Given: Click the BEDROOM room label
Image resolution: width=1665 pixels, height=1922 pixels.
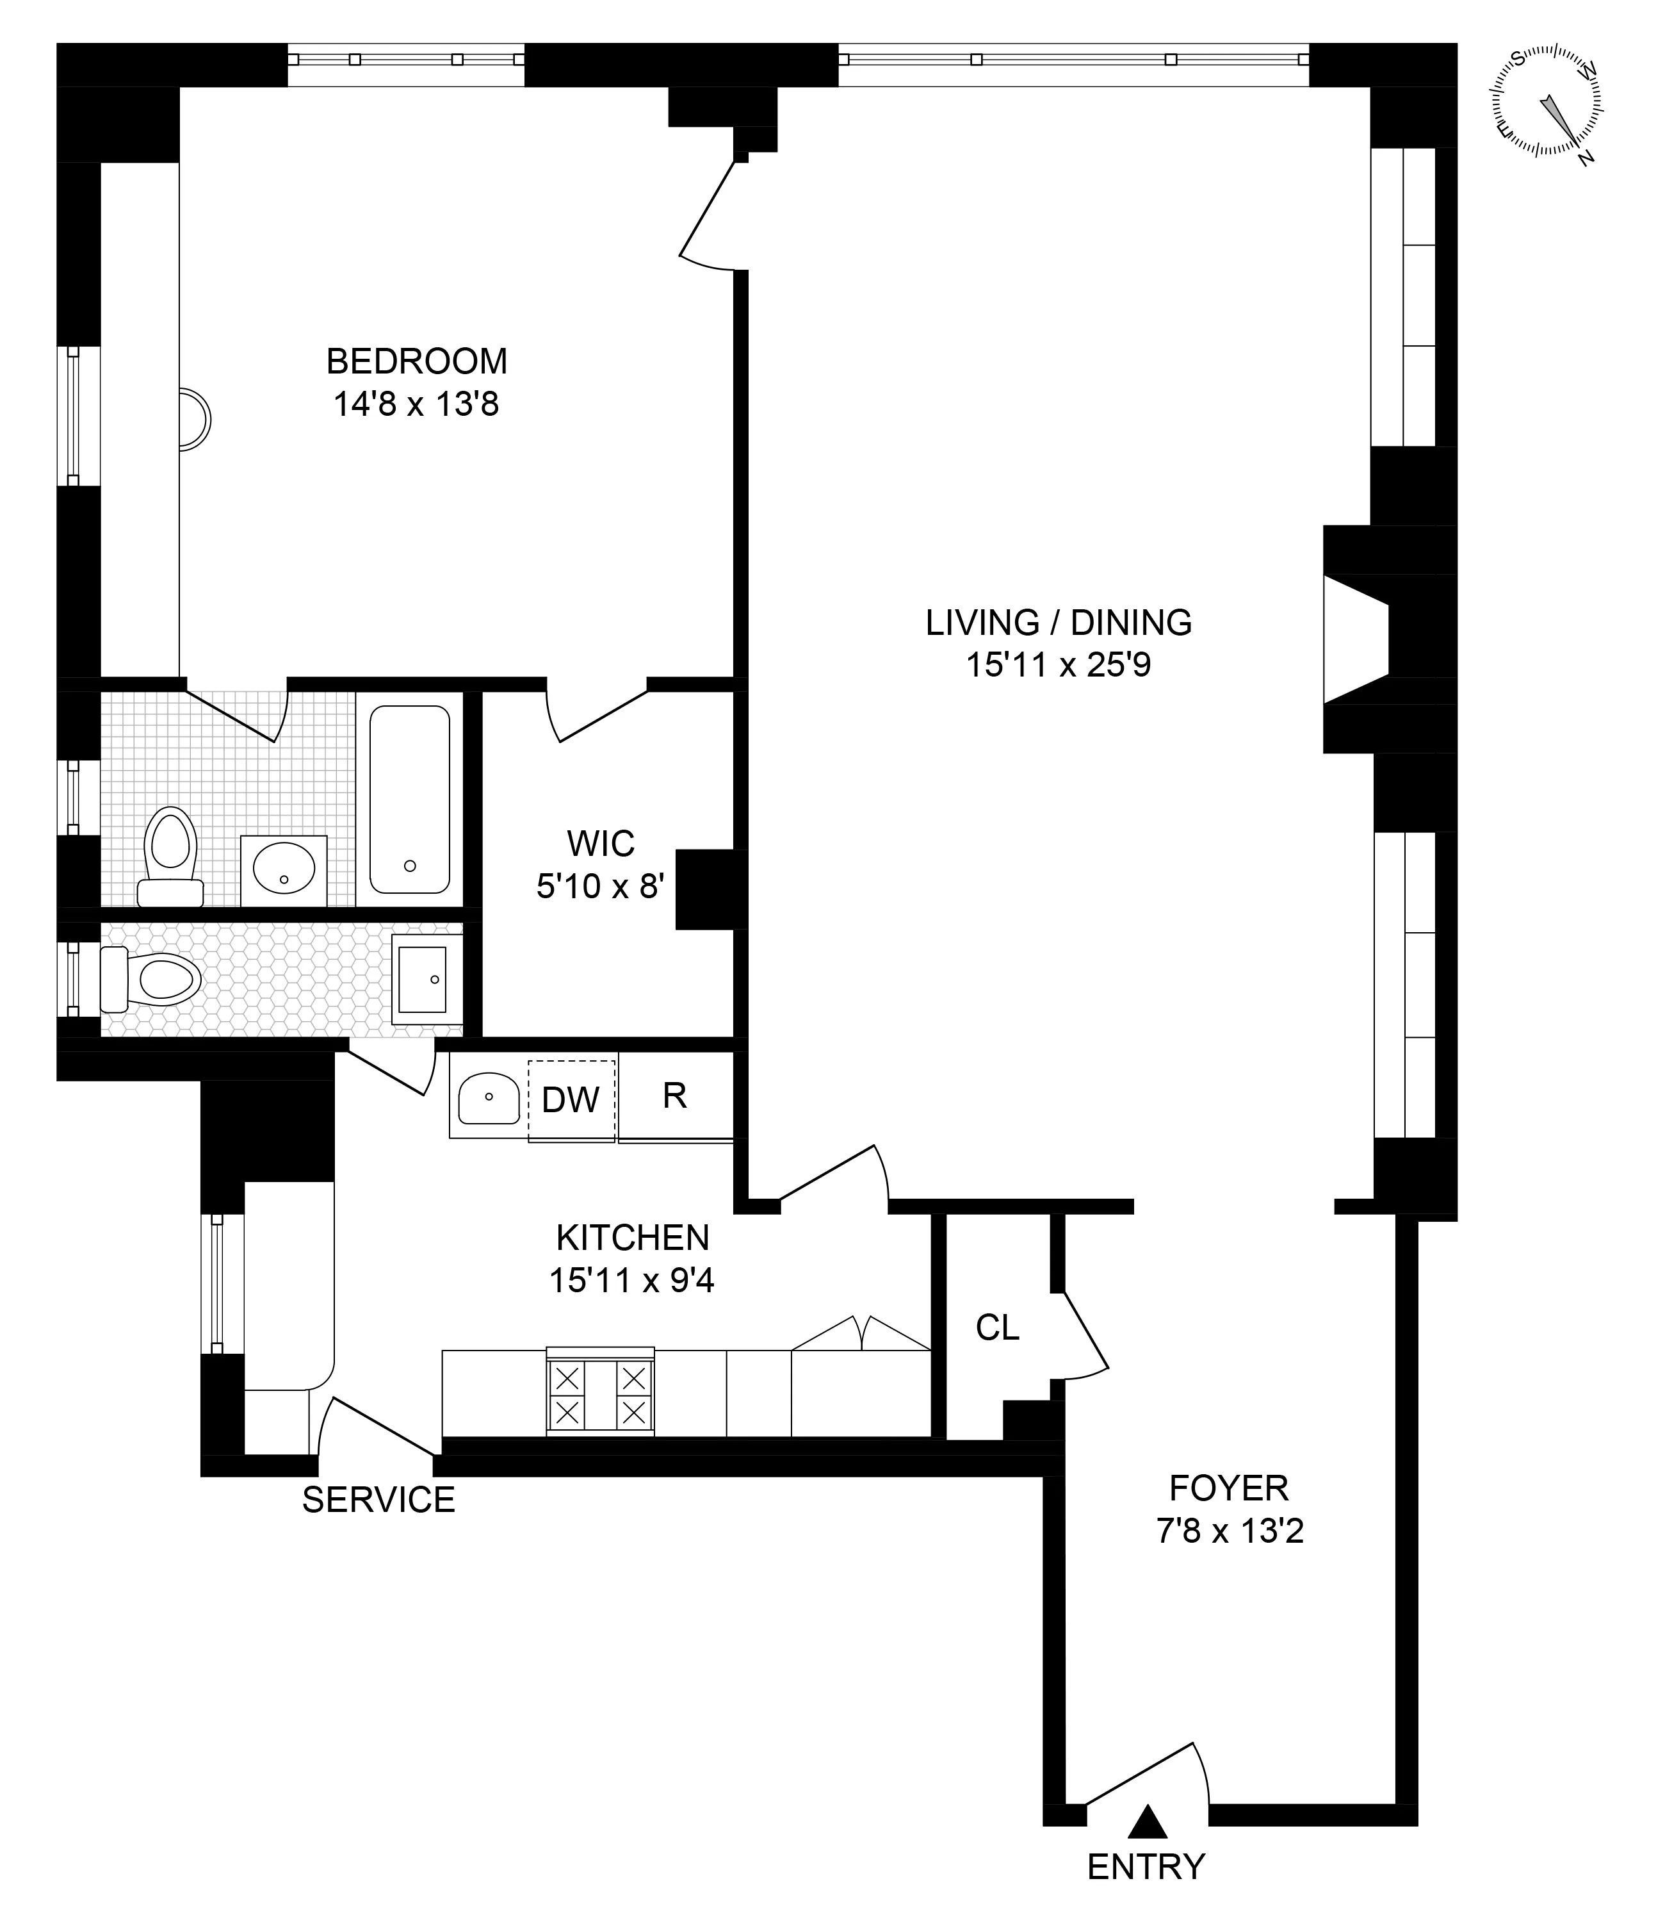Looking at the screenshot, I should [x=416, y=361].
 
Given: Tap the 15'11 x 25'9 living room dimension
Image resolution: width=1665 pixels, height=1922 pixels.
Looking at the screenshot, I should [x=1059, y=666].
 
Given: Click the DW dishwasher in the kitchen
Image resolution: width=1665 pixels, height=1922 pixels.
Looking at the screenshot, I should [x=571, y=1101].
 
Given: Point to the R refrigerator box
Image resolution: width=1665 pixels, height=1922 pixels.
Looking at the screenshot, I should [x=676, y=1097].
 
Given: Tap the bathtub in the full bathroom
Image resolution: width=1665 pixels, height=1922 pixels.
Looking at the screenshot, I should [x=410, y=800].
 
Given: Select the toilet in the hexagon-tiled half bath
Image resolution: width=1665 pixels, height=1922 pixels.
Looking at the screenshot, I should [x=153, y=979].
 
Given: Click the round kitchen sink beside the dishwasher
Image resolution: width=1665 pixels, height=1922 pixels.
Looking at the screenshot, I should [x=488, y=1099].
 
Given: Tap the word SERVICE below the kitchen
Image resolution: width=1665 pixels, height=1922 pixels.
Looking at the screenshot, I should [x=378, y=1500].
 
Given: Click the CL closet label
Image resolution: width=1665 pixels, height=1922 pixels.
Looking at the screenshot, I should [x=997, y=1328].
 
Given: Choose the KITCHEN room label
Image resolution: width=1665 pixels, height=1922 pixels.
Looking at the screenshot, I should [x=632, y=1238].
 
